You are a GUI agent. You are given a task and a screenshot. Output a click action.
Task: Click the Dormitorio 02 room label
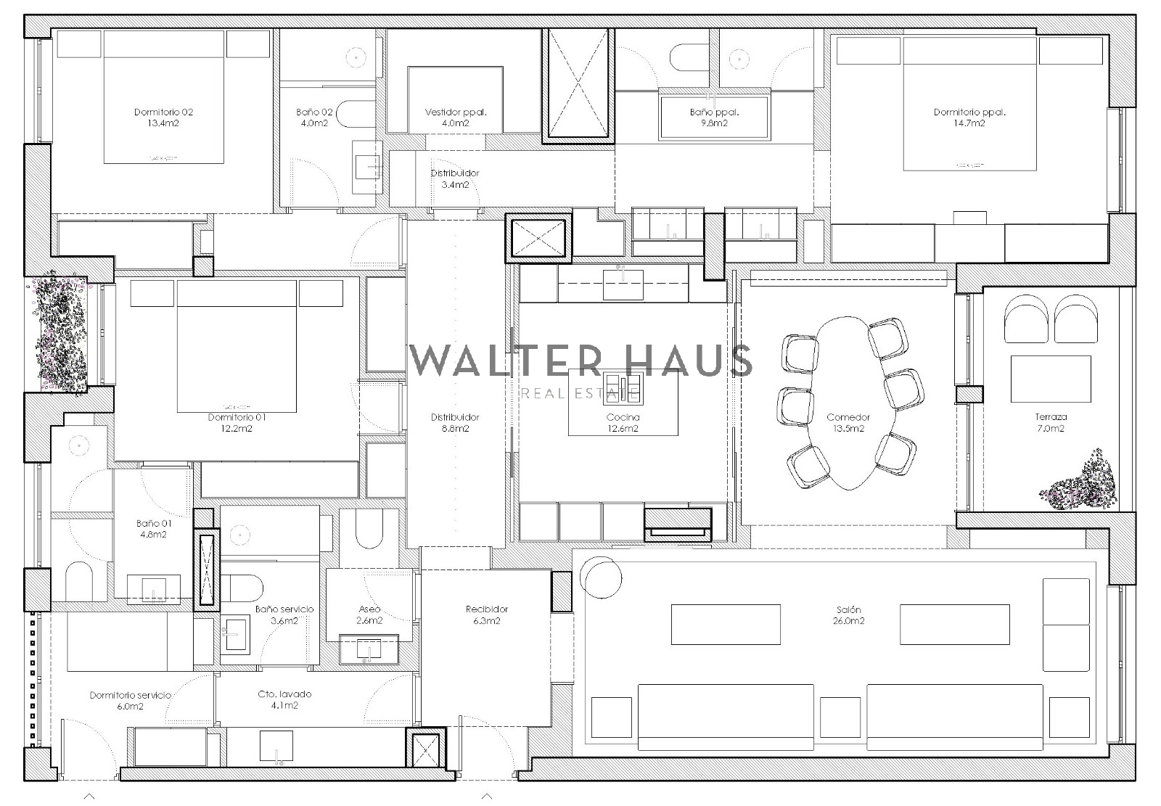163,112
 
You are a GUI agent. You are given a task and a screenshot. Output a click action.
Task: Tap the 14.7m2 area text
969,123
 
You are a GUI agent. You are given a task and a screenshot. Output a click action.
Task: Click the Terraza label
1051,416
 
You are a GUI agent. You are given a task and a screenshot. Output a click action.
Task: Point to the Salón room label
848,609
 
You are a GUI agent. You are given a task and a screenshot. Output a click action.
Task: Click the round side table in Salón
601,577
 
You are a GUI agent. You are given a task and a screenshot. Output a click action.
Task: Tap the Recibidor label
487,609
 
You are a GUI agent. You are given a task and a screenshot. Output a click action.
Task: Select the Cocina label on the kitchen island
623,417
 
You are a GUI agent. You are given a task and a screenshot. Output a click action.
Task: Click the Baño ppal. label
714,112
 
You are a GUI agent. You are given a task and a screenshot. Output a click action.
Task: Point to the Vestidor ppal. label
456,112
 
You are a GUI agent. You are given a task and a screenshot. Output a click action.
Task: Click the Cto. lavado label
284,694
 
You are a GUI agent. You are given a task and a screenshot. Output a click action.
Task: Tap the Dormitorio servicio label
130,695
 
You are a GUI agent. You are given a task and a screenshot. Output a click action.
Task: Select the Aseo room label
369,609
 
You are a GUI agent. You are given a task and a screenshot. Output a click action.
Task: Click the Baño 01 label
153,524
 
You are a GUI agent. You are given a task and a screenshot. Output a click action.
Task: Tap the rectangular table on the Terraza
1051,379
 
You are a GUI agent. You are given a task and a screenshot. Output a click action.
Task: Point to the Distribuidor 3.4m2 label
455,178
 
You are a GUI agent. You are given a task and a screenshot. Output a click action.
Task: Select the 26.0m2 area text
848,621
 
